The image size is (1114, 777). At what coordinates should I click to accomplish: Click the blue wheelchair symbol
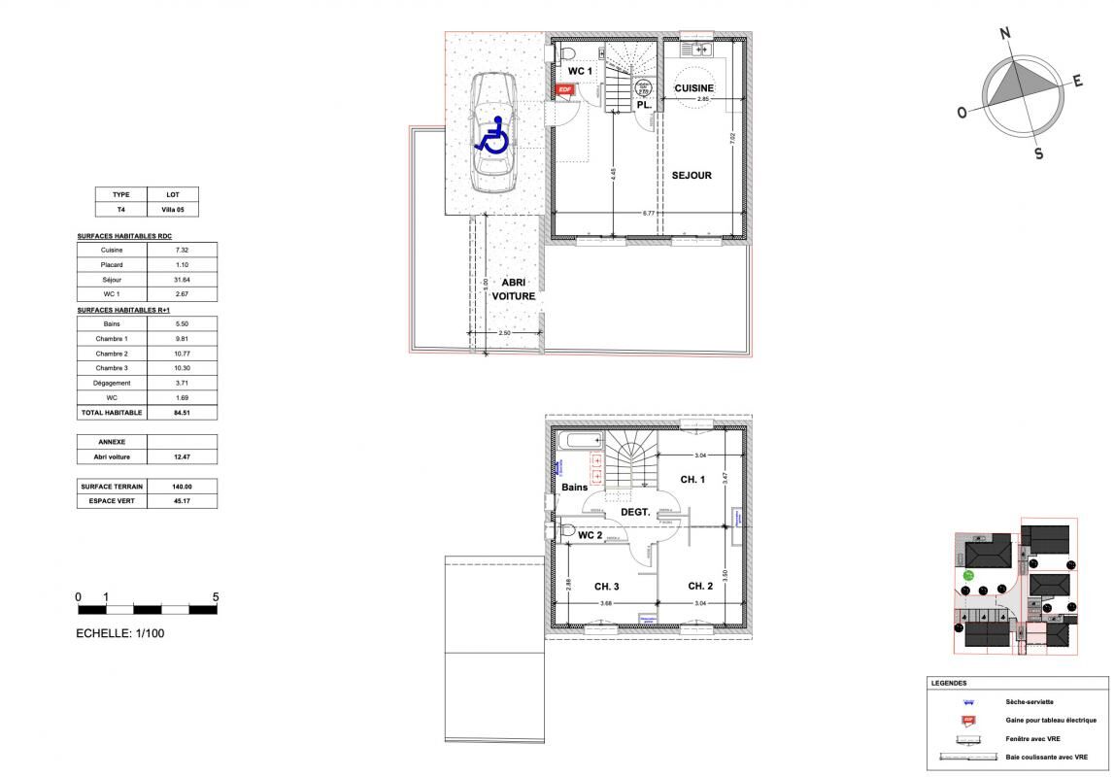[492, 135]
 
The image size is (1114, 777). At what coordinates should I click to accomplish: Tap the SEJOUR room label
[692, 176]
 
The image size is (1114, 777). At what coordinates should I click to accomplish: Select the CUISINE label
[694, 88]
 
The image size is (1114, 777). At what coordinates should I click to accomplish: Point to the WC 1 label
[581, 72]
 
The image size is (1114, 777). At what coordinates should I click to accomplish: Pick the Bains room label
[573, 488]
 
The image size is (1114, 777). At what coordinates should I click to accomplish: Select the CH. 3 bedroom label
[607, 586]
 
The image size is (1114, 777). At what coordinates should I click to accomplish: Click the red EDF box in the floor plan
[564, 89]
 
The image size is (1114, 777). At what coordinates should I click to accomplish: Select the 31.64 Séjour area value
[182, 280]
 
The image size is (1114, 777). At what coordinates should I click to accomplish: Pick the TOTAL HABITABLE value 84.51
[182, 413]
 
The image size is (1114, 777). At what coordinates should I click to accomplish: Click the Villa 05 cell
[173, 209]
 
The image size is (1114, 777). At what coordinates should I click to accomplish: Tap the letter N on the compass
[1005, 34]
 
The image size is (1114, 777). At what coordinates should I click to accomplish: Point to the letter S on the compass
[1038, 153]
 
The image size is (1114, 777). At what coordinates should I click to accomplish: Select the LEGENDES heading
[949, 683]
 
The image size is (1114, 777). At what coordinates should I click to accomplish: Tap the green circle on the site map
[968, 576]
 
